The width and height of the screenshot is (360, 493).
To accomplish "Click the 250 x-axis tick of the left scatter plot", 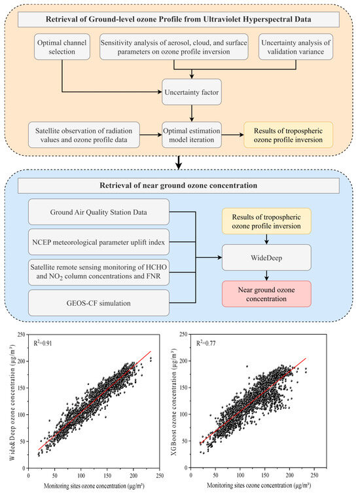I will coord(160,475).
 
